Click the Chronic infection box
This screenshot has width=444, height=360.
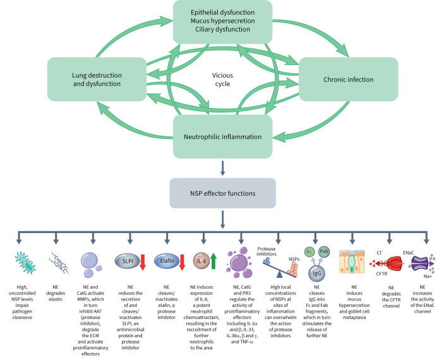tap(348, 80)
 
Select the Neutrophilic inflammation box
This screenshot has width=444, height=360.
tap(222, 136)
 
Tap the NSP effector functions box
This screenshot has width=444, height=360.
tap(222, 193)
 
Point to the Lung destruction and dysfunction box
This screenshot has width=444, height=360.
tap(97, 80)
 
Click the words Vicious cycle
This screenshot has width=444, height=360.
tap(222, 80)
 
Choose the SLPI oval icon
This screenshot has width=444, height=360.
tap(128, 261)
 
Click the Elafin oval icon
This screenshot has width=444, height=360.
tap(167, 261)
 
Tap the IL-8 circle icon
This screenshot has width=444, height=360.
tap(201, 261)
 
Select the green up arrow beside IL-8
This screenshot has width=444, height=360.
tap(213, 261)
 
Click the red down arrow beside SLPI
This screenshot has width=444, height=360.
tap(143, 262)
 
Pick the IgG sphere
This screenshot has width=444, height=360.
tap(316, 273)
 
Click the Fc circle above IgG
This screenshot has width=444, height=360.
tap(309, 252)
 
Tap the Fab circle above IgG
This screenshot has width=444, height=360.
tap(324, 251)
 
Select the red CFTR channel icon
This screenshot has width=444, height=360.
tap(392, 264)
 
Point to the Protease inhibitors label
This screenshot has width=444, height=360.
tap(266, 251)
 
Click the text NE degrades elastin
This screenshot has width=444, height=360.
tap(56, 293)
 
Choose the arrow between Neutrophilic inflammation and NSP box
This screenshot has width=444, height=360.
tap(222, 168)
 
